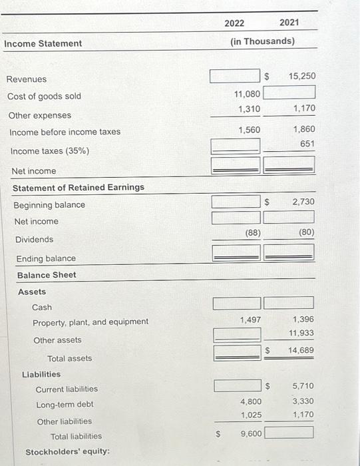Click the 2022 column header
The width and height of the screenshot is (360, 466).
point(234,23)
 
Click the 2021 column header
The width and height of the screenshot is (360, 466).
point(289,23)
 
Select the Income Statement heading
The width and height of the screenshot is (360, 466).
point(43,44)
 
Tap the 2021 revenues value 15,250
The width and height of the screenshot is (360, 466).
point(302,77)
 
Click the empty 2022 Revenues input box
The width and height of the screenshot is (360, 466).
point(235,76)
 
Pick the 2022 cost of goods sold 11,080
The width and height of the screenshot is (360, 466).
point(248,95)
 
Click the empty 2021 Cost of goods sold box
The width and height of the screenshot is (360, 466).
point(289,91)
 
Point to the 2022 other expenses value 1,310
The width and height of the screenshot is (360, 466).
point(249,109)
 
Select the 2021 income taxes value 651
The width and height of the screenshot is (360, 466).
point(307,144)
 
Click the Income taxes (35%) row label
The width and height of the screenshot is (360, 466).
point(50,151)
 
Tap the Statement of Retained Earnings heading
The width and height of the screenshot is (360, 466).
point(79,188)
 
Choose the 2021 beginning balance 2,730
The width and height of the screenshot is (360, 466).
point(302,202)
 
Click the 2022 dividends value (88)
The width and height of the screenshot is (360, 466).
point(252,233)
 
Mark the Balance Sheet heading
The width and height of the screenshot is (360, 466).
point(47,275)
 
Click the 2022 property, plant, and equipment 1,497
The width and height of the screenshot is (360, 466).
point(250,320)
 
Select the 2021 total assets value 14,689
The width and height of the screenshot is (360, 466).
point(301,350)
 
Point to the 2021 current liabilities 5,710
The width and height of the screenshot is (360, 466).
point(303,386)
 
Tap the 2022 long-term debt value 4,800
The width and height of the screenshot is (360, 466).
point(250,401)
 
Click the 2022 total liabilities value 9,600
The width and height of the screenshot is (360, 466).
point(250,433)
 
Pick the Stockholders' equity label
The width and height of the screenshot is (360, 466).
point(67,453)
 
